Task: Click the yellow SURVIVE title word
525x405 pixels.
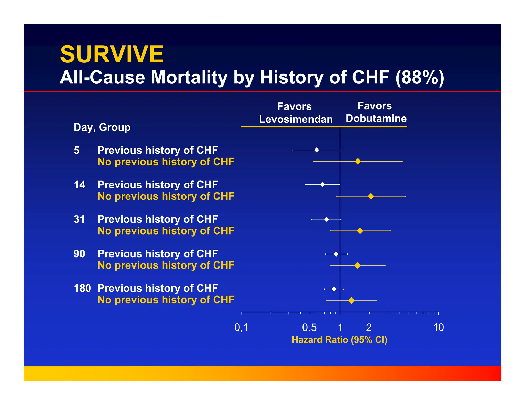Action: coord(112,54)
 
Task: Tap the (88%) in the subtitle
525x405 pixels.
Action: coord(420,77)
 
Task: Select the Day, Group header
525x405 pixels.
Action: coord(102,127)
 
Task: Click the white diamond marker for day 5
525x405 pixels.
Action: coord(317,150)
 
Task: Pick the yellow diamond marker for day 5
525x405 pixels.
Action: coord(358,162)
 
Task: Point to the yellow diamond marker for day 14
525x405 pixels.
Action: coord(371,196)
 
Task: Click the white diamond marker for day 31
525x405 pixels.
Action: coord(326,219)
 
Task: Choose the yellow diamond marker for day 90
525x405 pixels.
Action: coord(357,266)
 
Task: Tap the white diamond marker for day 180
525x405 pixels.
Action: coord(334,289)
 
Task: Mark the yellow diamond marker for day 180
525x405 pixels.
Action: coord(351,301)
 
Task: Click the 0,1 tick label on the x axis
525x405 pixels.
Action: coord(241,327)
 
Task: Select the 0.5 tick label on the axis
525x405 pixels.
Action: coord(309,327)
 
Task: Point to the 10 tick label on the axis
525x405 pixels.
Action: coord(438,327)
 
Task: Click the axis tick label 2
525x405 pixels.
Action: coord(369,327)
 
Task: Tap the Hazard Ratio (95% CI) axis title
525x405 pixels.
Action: coord(339,340)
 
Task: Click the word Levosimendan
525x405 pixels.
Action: coord(296,119)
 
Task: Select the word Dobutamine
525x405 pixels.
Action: coord(376,119)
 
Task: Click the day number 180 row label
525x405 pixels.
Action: coord(82,289)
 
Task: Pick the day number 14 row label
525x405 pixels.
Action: coord(79,185)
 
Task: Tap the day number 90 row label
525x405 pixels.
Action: coord(79,254)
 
